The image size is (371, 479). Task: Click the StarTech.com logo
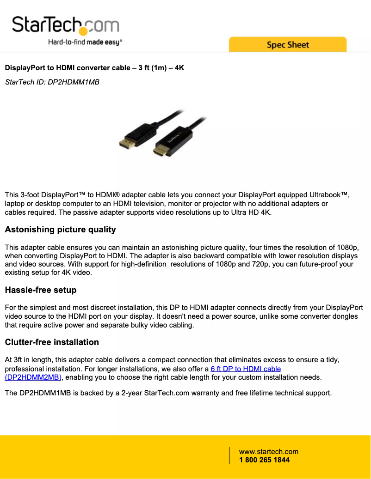pos(65,25)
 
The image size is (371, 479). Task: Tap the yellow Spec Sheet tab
pos(287,45)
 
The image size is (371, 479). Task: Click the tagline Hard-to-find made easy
pos(85,42)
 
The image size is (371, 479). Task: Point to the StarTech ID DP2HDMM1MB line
pos(52,82)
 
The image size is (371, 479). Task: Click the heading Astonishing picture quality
pos(60,230)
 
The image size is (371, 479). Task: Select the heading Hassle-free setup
pos(41,290)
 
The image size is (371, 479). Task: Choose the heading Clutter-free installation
pos(52,342)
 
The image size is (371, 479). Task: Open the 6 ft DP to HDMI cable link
pos(246,369)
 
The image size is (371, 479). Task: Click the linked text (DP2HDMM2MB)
pos(33,377)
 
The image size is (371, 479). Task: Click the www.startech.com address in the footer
pos(268,452)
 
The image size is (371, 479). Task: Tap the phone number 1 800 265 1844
pos(264,460)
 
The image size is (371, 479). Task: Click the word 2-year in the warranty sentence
pos(132,394)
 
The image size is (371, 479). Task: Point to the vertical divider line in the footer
pos(230,456)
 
